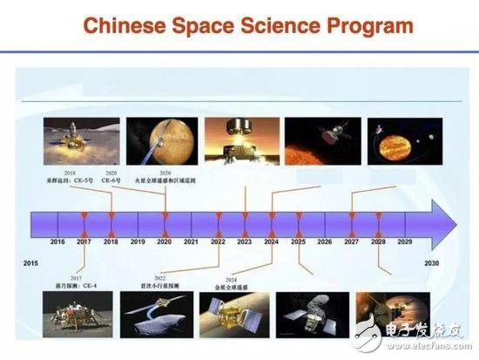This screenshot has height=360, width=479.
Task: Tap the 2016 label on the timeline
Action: coord(57,241)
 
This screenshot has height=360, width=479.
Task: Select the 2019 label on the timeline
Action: coord(138,241)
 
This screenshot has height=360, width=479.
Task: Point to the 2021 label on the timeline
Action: coord(191,241)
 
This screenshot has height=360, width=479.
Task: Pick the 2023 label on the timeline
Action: coord(245,241)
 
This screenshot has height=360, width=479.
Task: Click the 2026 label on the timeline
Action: coord(324,241)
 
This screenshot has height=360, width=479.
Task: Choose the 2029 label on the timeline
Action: coord(404,241)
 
